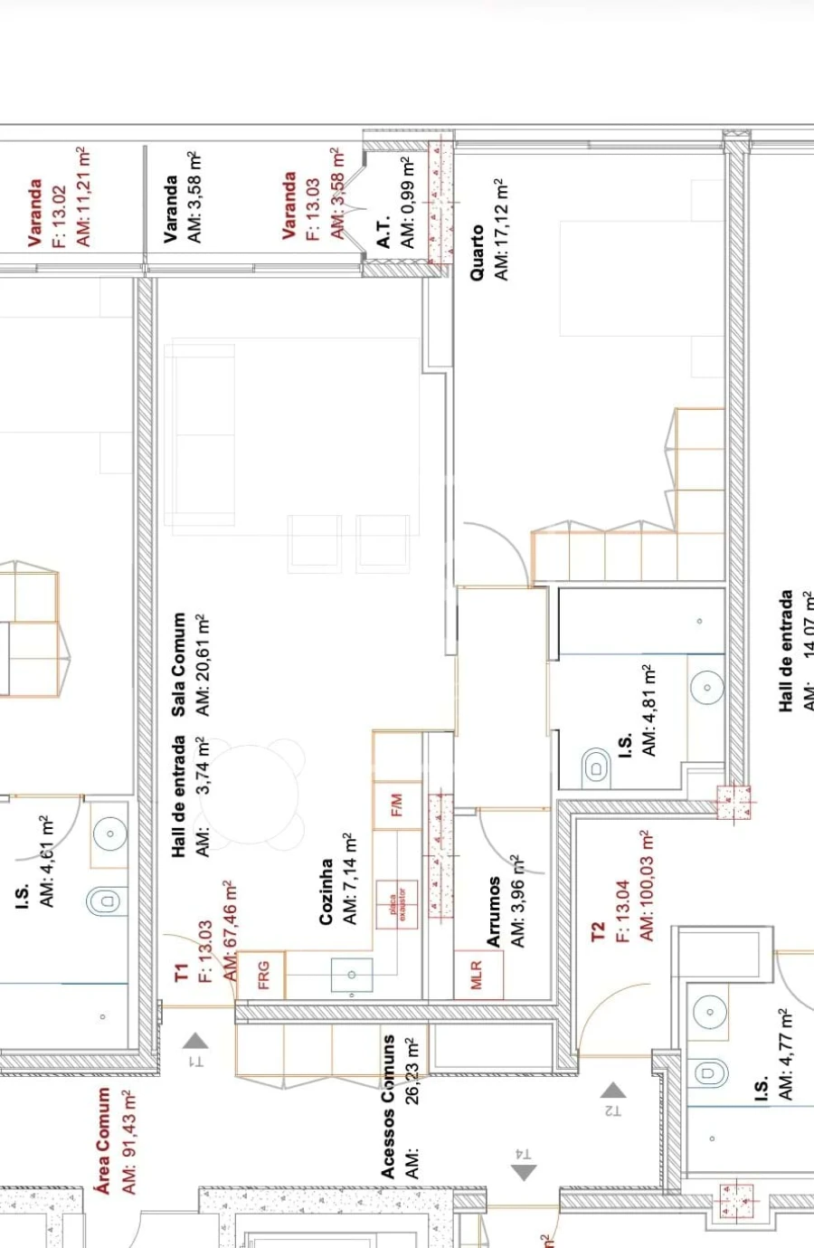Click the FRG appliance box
click(x=263, y=974)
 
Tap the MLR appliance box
click(x=478, y=975)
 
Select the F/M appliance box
click(x=396, y=805)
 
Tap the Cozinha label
click(x=327, y=891)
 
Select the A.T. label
click(x=383, y=232)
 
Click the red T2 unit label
click(x=597, y=932)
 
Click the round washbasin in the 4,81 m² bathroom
click(x=706, y=688)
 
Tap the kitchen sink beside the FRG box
click(x=352, y=975)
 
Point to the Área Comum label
click(x=104, y=1140)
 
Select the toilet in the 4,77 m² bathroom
click(x=711, y=1073)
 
